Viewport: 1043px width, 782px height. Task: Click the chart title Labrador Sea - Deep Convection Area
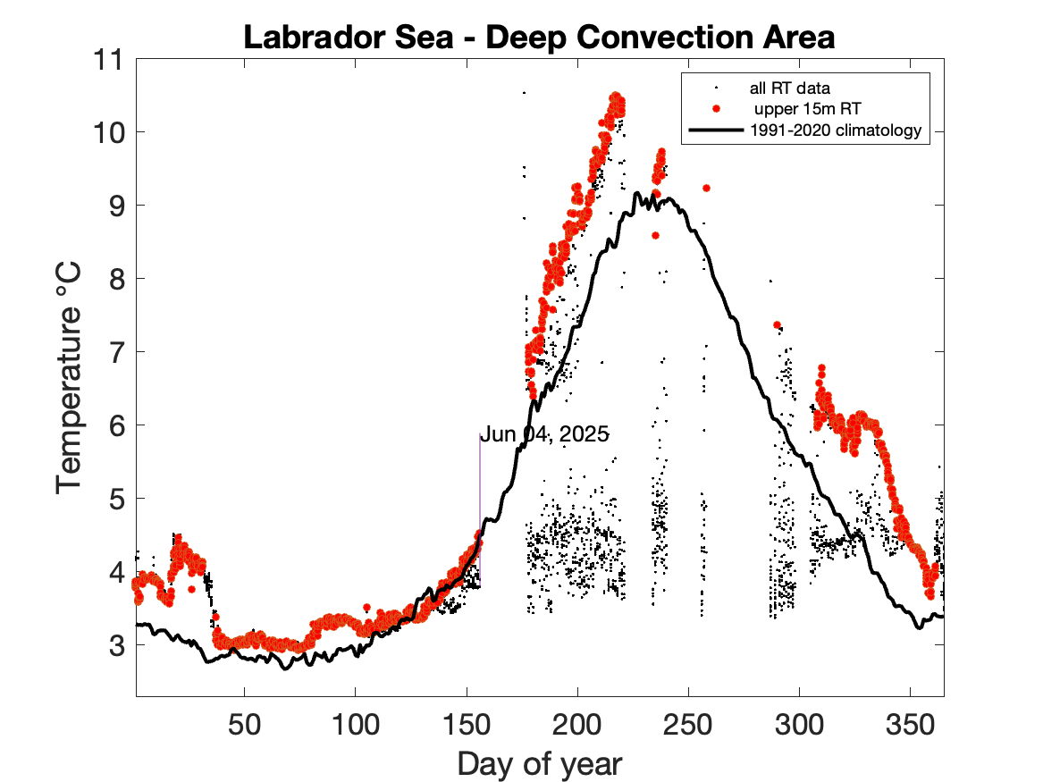point(539,38)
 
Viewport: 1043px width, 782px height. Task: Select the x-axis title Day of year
point(540,764)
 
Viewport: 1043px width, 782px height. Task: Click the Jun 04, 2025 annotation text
point(544,435)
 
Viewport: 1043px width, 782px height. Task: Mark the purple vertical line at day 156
point(480,509)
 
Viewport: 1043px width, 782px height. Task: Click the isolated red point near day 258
point(706,188)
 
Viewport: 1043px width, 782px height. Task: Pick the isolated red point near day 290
point(777,324)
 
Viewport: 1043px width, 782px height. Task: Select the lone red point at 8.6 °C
point(655,235)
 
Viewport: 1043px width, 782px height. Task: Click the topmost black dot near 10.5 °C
point(524,92)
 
